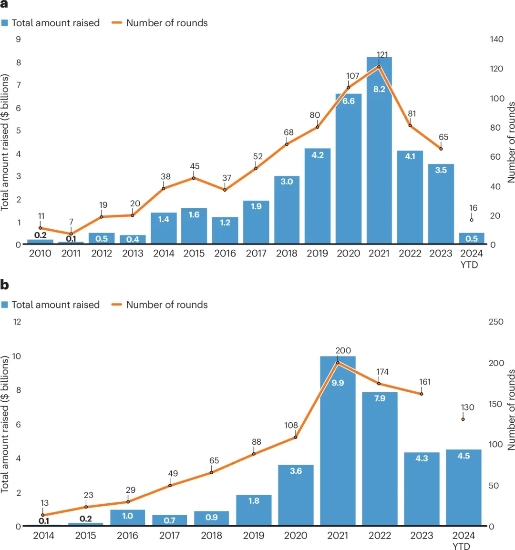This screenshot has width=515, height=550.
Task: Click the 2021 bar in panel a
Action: coord(379,153)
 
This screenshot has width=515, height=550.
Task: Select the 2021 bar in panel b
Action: coord(338,443)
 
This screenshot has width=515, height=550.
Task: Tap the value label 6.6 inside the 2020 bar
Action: coord(349,101)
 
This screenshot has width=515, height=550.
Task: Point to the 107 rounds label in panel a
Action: coord(352,76)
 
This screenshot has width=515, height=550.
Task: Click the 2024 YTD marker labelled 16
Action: coord(472,220)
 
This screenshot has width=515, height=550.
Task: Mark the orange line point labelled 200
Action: coord(338,363)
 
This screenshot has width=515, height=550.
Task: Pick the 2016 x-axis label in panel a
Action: coord(225,254)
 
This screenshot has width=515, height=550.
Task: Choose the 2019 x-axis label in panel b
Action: coord(254,535)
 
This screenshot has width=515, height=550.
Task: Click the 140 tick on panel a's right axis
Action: coord(496,39)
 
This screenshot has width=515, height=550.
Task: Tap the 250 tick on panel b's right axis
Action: coord(496,322)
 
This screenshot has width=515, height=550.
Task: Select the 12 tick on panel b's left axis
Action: coord(17,322)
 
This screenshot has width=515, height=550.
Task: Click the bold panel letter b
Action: coord(5,285)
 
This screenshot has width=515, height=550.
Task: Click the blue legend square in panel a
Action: coord(5,23)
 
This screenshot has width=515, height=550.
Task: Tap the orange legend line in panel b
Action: coord(116,305)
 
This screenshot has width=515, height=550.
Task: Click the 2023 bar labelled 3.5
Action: coord(441,205)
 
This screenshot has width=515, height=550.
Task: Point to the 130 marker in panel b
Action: coord(463,419)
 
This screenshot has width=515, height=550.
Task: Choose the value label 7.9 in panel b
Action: coord(380,398)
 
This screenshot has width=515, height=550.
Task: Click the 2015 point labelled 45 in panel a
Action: coord(194,178)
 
